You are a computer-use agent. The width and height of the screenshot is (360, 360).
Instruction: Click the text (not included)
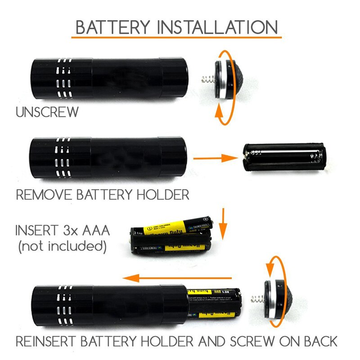(62, 246)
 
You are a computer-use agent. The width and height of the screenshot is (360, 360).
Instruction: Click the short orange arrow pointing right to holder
(215, 158)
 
